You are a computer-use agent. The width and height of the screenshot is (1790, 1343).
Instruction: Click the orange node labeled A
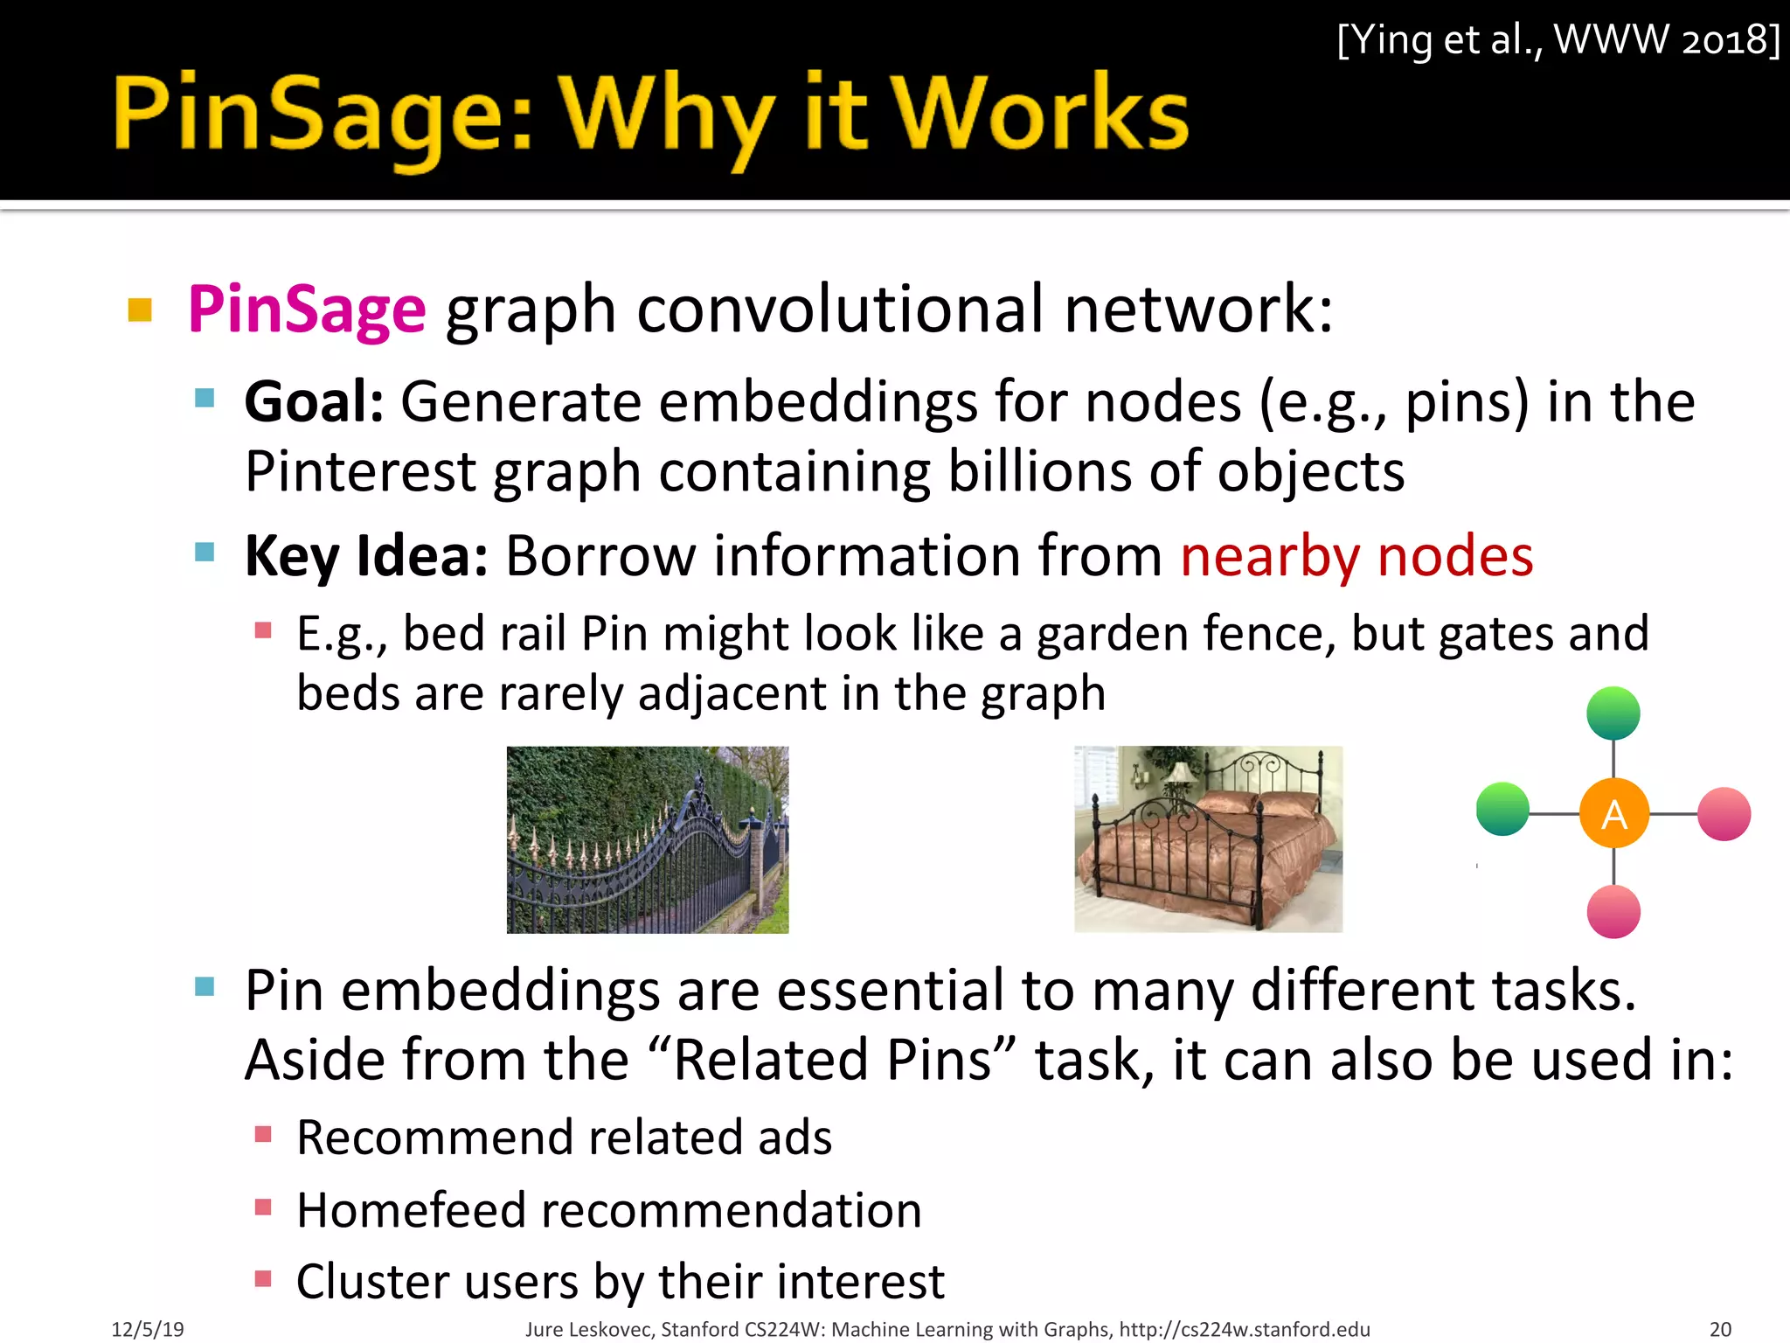click(1613, 814)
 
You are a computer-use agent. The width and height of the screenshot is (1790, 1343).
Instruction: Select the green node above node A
click(1613, 713)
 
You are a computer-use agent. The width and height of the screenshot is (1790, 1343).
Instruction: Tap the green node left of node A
click(1502, 809)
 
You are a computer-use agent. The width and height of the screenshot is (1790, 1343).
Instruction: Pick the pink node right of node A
click(1724, 814)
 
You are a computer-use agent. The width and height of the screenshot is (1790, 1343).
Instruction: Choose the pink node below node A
click(1613, 912)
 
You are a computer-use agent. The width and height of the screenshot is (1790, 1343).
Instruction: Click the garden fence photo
click(648, 839)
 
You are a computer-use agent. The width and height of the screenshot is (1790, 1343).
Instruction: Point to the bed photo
click(1208, 839)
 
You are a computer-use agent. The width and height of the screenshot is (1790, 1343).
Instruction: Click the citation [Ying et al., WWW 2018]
click(1558, 40)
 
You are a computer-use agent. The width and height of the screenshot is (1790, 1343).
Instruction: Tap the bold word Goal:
click(314, 402)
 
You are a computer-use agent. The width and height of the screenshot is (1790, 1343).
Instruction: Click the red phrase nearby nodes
click(1356, 556)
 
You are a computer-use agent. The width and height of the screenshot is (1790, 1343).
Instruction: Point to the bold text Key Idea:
click(366, 556)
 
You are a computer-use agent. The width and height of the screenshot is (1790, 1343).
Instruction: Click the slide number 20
click(1720, 1329)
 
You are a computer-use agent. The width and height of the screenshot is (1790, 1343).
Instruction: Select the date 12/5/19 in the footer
click(148, 1329)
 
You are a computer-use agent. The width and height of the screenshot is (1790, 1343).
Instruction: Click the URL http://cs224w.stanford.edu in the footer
click(1245, 1329)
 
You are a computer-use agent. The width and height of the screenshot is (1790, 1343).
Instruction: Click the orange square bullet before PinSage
click(140, 310)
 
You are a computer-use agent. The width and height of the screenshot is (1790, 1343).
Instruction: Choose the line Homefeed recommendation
click(608, 1210)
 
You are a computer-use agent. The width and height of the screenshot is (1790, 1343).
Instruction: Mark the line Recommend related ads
click(564, 1138)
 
